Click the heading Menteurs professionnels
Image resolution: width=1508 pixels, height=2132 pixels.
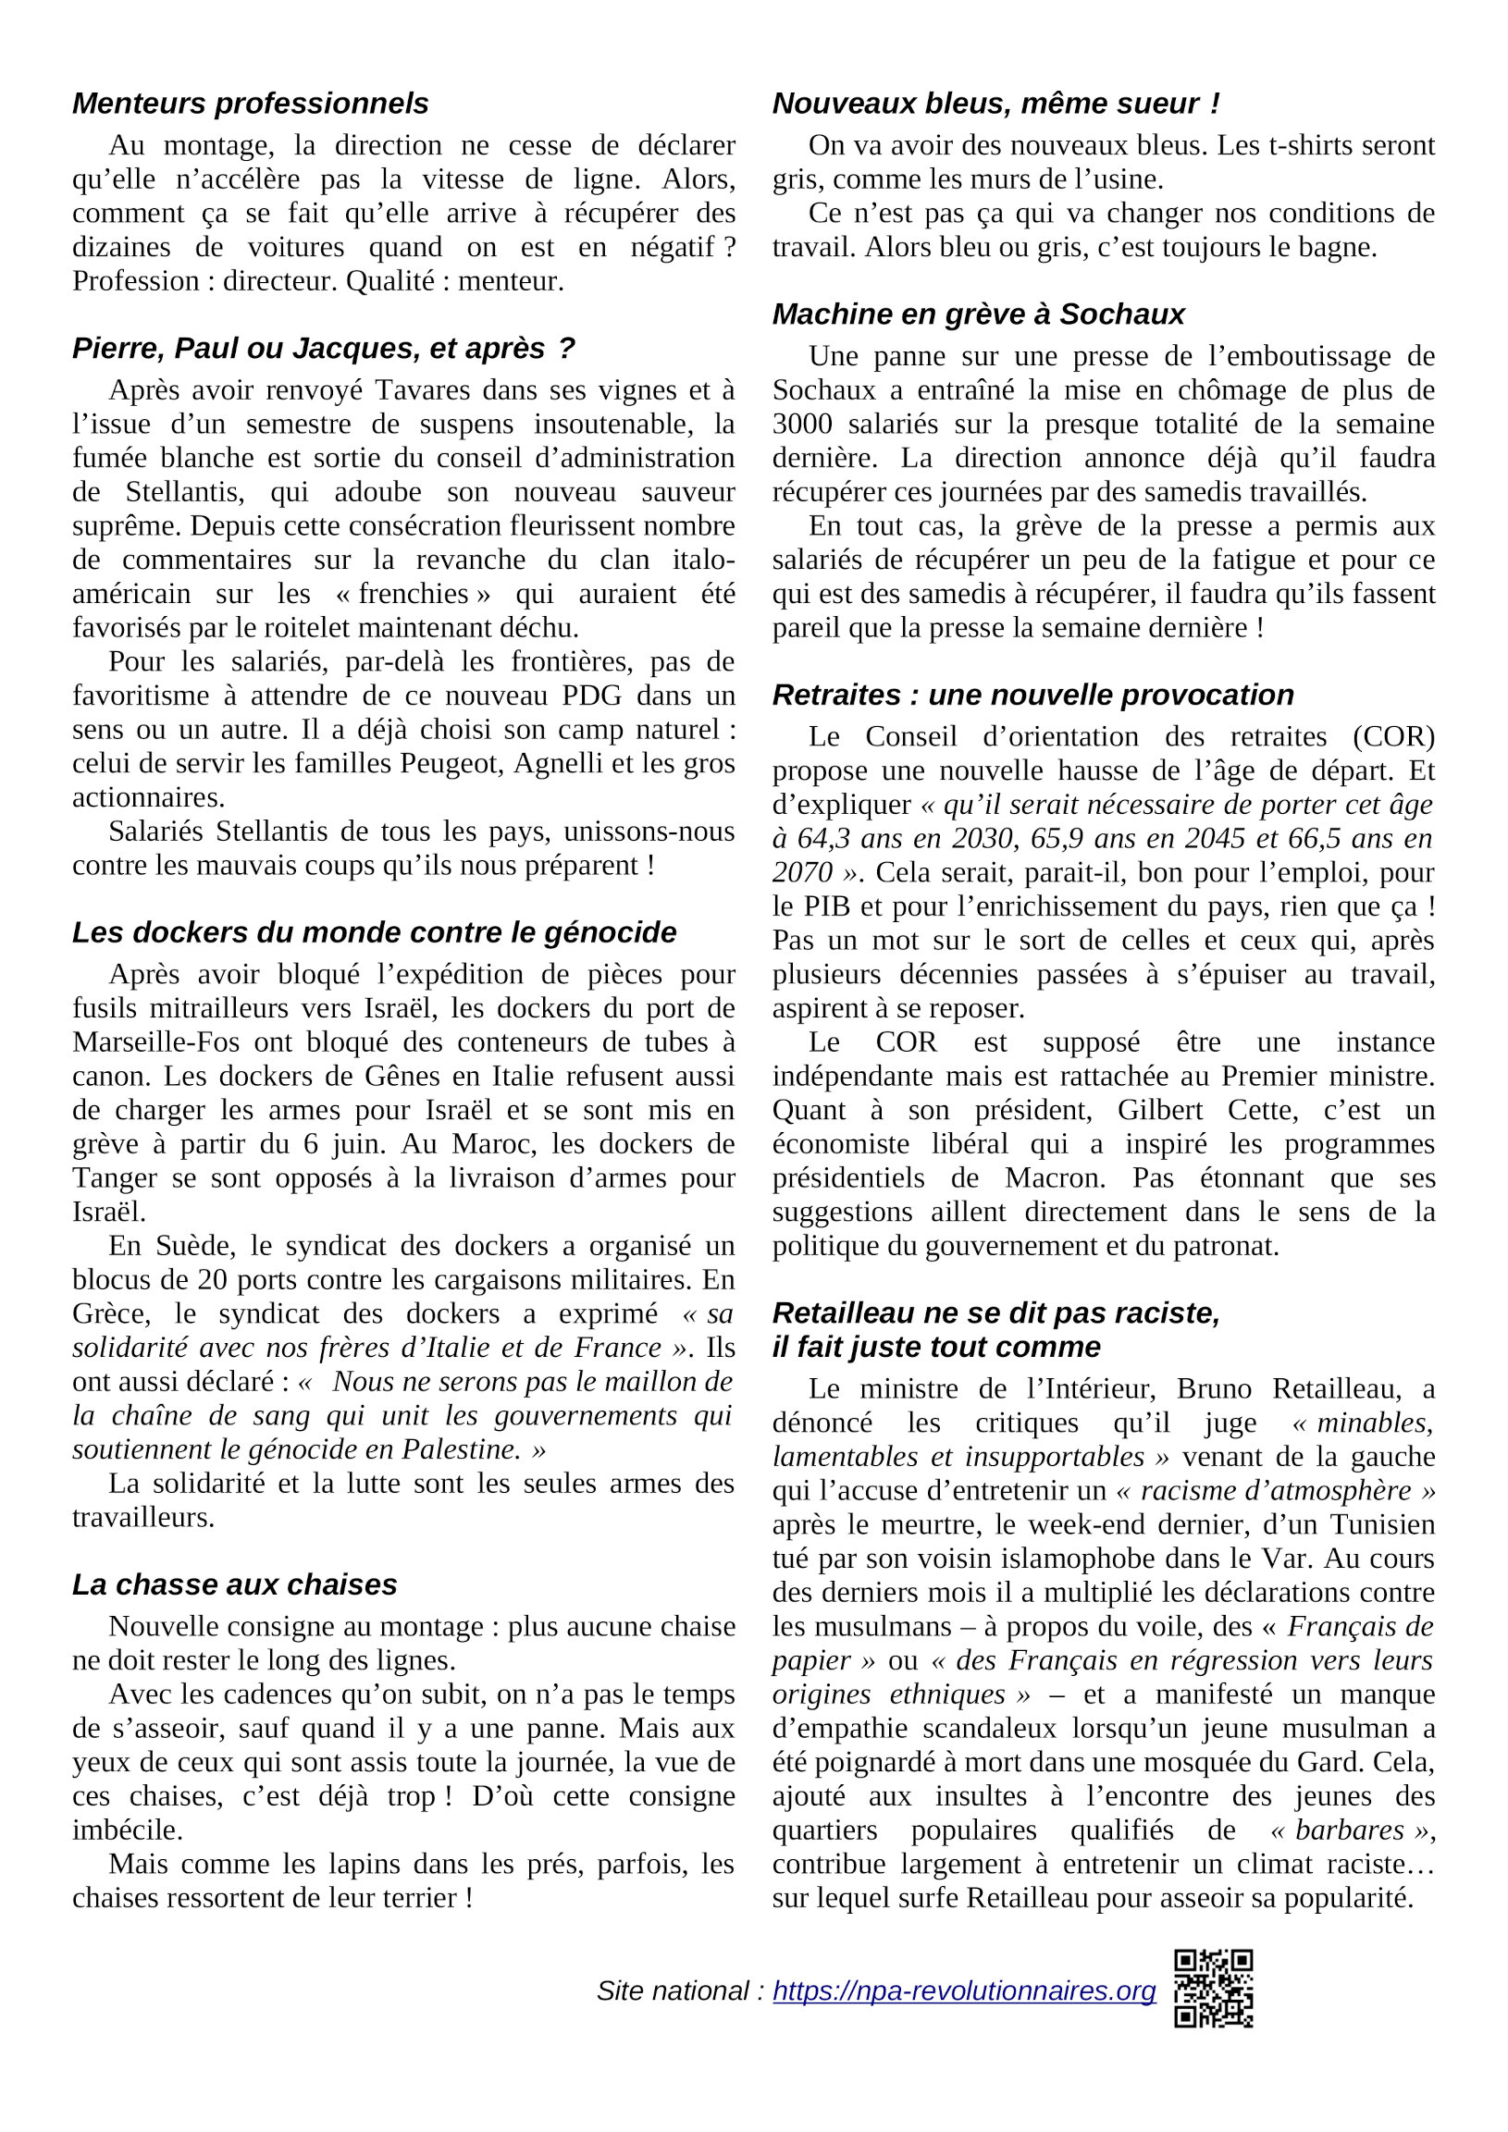(250, 103)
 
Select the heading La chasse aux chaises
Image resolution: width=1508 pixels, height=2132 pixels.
(234, 1584)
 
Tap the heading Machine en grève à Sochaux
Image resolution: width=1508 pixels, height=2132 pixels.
(978, 314)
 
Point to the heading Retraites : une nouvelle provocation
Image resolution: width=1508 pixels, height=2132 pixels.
(1032, 695)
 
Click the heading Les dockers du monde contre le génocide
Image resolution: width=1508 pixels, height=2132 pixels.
(374, 932)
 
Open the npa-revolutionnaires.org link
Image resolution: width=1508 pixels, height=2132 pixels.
(964, 1990)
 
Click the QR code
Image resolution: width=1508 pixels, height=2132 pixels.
(1213, 1988)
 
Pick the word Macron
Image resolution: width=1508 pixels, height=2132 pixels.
(1055, 1178)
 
